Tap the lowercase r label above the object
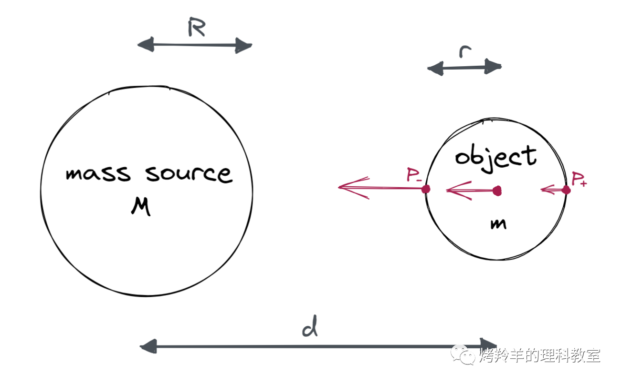pos(463,51)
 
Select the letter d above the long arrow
pos(310,329)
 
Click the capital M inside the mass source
pos(141,206)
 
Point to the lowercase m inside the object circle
pos(498,223)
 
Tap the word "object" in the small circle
pos(495,157)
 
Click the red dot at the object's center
pos(497,191)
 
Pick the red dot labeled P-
pos(426,189)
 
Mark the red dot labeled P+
pos(566,190)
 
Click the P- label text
pos(414,176)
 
